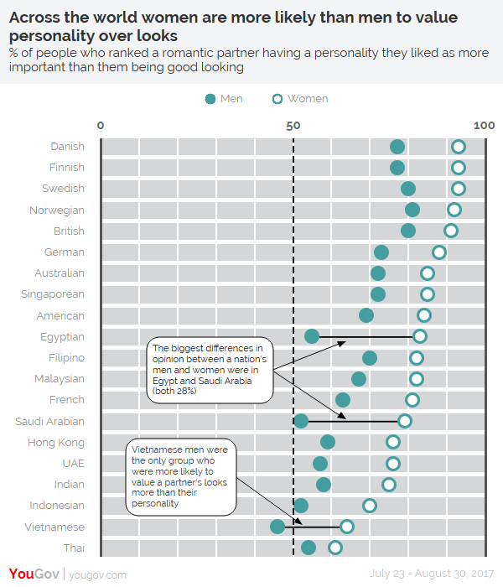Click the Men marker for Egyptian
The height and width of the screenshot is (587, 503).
click(312, 336)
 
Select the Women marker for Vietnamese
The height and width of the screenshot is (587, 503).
click(347, 527)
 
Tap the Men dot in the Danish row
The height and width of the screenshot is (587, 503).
click(397, 147)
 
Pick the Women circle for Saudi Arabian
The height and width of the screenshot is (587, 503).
click(405, 421)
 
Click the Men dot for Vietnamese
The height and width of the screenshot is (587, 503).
click(277, 527)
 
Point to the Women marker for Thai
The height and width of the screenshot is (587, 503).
click(335, 548)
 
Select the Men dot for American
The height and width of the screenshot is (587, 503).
click(366, 315)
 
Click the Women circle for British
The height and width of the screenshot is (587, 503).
click(451, 231)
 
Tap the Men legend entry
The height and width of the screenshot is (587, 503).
click(224, 99)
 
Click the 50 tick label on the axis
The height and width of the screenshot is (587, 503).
click(293, 125)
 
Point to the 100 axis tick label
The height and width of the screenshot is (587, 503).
click(484, 125)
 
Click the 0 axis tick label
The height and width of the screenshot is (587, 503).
click(101, 125)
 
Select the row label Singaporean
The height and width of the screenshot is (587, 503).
click(53, 294)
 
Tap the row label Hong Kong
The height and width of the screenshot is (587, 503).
click(56, 442)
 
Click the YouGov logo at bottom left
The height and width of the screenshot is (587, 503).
click(29, 574)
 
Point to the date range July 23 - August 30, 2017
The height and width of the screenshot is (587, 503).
click(433, 574)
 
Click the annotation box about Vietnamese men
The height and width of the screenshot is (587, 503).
click(181, 477)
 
